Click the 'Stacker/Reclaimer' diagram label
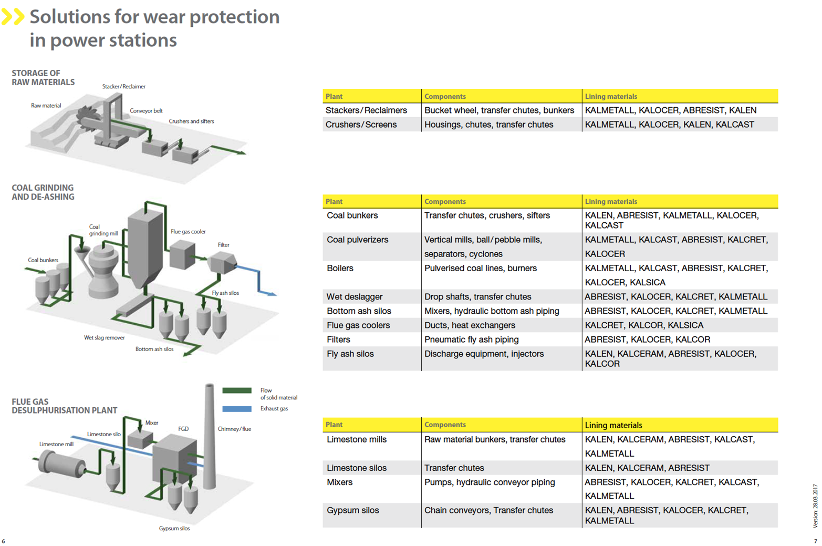123,87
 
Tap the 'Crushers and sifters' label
191,121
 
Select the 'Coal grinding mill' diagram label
103,230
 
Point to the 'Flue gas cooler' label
188,232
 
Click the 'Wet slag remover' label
105,338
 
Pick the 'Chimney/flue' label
234,429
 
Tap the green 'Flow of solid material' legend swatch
237,390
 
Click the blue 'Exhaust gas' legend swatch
237,409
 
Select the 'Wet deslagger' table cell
355,297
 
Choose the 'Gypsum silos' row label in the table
352,511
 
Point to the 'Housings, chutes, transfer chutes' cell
488,125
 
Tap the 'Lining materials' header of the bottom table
613,425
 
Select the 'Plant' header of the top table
334,97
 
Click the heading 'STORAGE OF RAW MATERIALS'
43,78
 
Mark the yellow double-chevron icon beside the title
13,17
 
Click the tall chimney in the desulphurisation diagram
210,436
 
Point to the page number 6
4,541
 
